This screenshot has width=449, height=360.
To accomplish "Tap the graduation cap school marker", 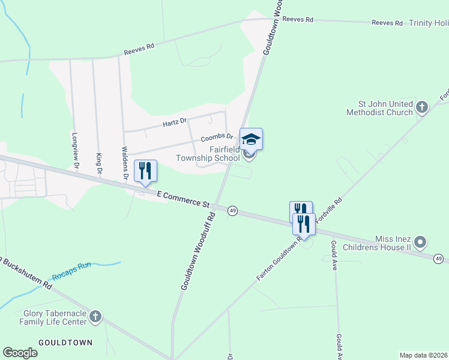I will coord(251,140).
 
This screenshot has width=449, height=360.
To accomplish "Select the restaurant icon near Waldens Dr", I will coord(145,171).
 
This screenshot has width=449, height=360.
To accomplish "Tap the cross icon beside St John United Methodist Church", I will coord(422,107).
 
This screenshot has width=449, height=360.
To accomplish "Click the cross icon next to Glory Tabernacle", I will coord(95,317).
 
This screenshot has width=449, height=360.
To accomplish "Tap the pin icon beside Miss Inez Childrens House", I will coord(420,242).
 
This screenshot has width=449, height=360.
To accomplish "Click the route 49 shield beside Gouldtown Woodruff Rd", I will coord(233,211).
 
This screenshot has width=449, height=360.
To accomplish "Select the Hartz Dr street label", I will coord(175,123).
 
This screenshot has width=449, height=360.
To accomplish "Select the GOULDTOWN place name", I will coord(66,343).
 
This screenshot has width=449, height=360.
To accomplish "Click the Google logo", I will coord(20,353).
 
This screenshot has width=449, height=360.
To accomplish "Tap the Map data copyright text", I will coord(423,355).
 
